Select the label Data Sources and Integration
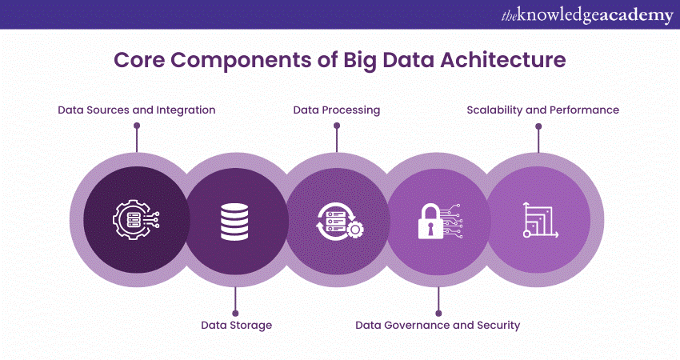point(137,110)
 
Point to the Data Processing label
point(336,110)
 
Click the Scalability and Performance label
point(542,110)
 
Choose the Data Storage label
point(236,325)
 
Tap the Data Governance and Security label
point(438,325)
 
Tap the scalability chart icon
point(539,218)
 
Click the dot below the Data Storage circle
point(235,312)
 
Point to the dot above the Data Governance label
point(438,312)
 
